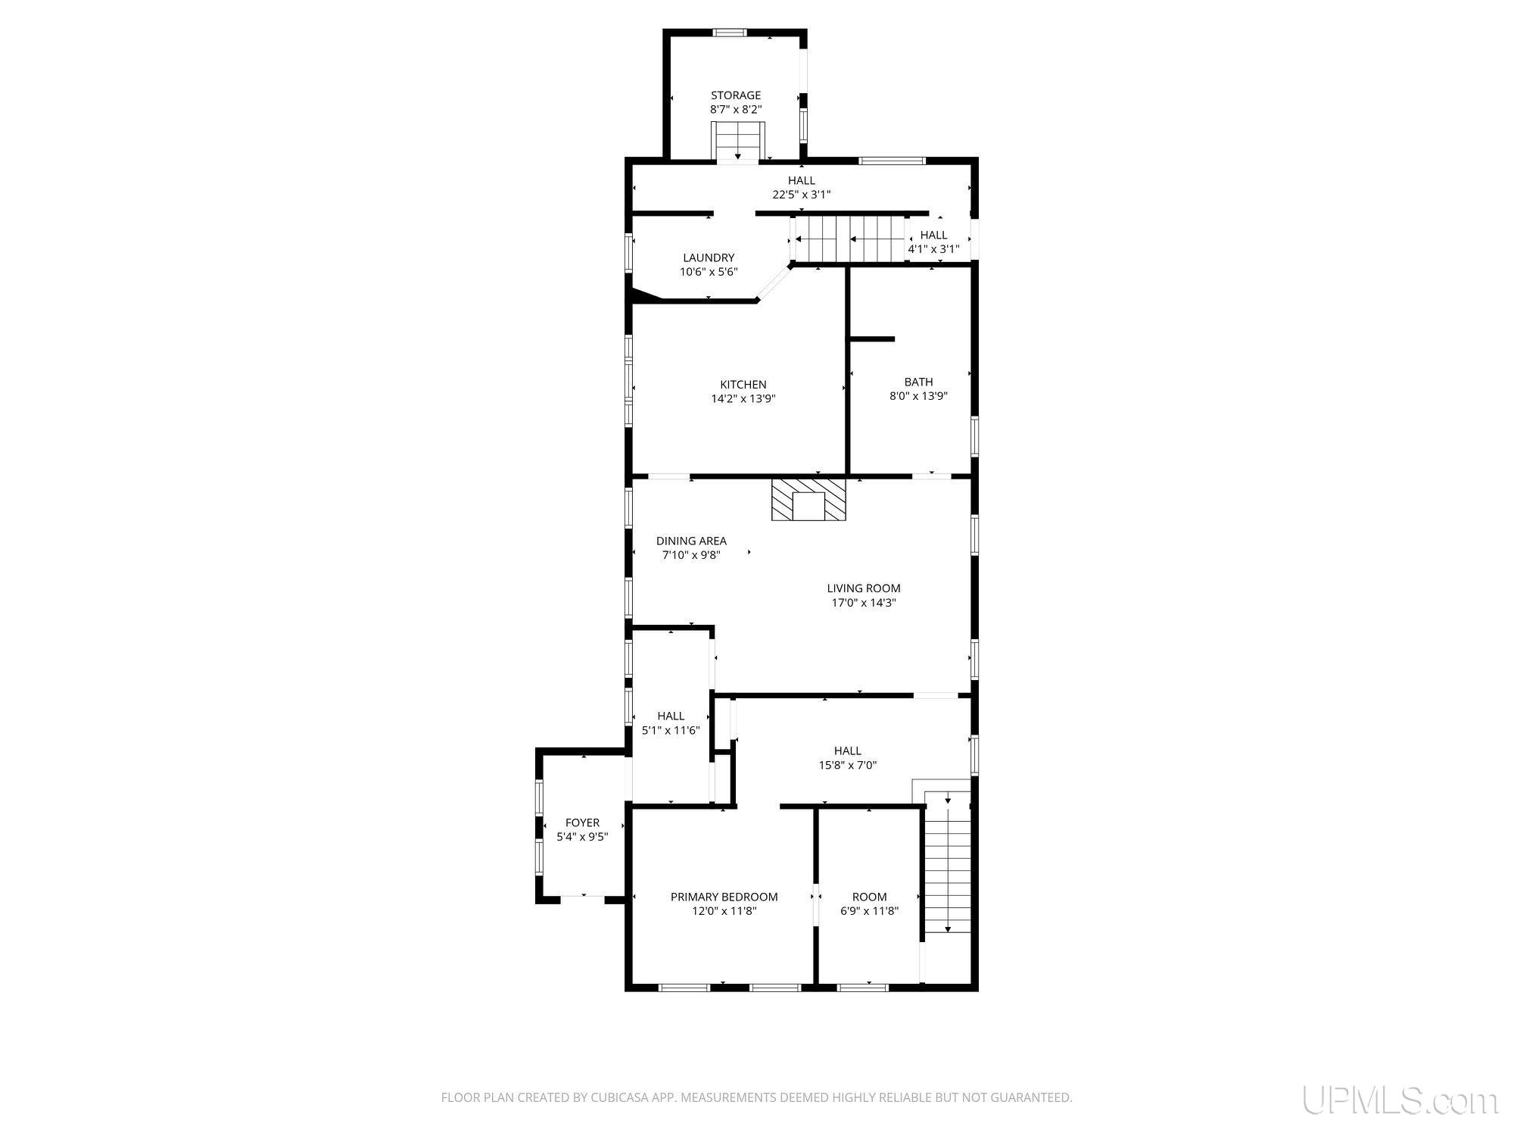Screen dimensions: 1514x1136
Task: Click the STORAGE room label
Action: point(735,95)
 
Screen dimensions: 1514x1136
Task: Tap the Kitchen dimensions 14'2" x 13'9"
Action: point(743,398)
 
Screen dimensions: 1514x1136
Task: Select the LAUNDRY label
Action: point(709,257)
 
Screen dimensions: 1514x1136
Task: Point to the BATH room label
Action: point(918,382)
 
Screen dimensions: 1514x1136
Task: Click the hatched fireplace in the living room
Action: point(808,499)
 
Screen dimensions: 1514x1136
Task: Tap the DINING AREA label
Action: point(691,541)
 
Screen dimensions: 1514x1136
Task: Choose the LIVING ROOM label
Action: point(864,588)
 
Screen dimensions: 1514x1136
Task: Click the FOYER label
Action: point(582,822)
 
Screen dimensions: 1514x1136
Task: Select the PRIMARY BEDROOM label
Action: point(724,897)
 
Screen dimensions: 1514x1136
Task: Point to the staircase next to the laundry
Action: point(848,239)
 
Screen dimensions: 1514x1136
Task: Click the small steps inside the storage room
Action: point(738,142)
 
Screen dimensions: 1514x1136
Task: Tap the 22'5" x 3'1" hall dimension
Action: point(802,195)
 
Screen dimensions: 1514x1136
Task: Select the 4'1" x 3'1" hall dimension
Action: point(933,249)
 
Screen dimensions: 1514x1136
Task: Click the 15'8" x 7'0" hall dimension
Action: point(848,765)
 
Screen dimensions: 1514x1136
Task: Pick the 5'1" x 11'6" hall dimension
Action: point(671,731)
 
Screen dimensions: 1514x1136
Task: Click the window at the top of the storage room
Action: point(730,33)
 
